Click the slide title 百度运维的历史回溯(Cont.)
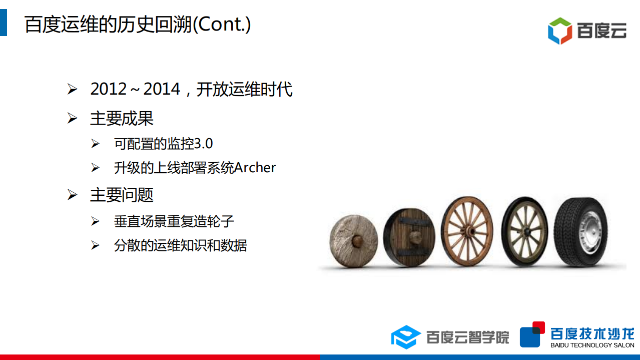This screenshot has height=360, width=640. [138, 24]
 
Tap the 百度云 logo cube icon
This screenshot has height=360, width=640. [559, 31]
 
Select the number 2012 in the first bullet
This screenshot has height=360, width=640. [109, 89]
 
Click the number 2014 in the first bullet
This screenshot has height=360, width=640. [162, 89]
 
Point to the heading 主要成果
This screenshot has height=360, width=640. [122, 118]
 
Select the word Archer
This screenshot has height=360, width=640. [255, 168]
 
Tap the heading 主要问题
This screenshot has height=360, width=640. [122, 195]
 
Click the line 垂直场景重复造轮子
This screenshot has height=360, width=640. [174, 221]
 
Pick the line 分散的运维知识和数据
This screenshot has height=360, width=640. [181, 245]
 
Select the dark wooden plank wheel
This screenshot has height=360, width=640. [409, 237]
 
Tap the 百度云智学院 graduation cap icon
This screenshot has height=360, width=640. [406, 336]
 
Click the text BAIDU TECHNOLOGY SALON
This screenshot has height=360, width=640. [592, 345]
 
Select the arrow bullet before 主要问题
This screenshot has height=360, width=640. [73, 195]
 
